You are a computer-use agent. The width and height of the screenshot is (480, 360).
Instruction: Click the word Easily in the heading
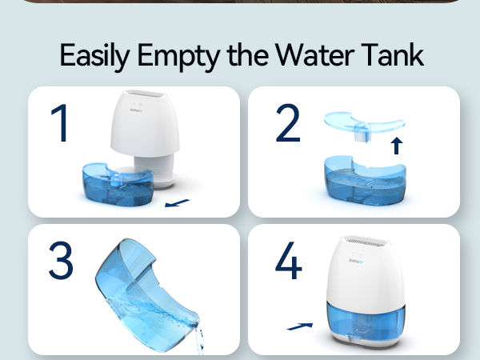click(x=95, y=56)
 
